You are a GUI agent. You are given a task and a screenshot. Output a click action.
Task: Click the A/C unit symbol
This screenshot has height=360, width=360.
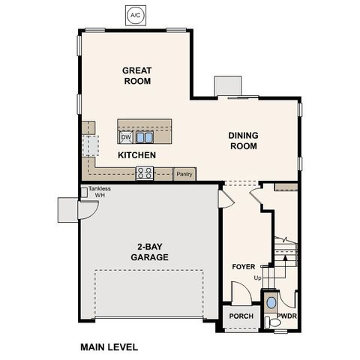click(136, 14)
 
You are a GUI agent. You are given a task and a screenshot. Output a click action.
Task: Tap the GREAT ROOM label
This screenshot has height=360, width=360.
click(137, 76)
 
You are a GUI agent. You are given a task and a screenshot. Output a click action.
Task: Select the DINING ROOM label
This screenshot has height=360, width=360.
click(244, 141)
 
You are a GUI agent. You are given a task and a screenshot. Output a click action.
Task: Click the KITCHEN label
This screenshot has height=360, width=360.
click(136, 155)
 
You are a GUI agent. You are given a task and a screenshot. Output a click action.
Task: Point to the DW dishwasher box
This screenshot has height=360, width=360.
click(126, 138)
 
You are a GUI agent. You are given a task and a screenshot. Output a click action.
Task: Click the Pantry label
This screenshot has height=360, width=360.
click(184, 173)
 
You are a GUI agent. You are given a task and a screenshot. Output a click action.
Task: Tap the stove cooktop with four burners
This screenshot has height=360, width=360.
click(145, 173)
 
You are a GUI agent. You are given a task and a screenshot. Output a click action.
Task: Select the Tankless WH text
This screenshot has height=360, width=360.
click(100, 192)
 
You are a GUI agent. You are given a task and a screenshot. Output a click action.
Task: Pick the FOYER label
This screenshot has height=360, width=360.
click(244, 266)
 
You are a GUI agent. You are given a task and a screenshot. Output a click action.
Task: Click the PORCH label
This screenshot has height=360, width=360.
click(241, 316)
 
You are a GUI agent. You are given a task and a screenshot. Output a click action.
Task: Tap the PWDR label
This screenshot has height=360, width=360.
click(288, 316)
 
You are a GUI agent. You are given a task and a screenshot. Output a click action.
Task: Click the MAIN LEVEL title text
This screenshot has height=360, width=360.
click(109, 347)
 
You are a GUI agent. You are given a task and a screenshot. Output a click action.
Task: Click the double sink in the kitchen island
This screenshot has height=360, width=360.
click(145, 137)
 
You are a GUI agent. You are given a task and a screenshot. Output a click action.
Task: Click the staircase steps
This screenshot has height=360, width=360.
click(286, 255)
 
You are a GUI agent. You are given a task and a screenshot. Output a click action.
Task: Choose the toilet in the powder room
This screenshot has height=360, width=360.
click(271, 322)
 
